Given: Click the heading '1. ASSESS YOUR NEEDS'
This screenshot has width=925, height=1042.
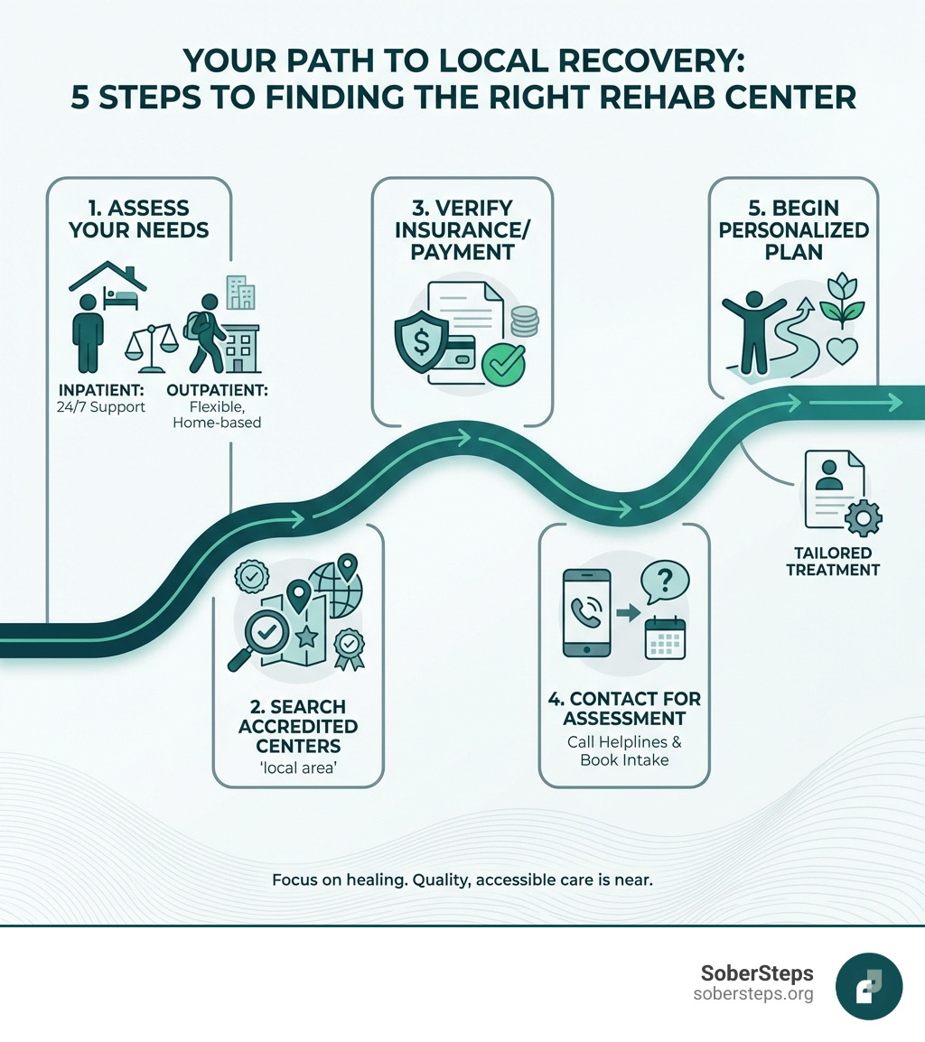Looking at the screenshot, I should pos(139,219).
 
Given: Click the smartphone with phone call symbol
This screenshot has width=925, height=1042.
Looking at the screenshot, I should pos(587,613).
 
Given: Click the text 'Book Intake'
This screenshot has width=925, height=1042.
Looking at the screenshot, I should pos(624,759).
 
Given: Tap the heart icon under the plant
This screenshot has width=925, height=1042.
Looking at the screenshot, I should pos(842,351).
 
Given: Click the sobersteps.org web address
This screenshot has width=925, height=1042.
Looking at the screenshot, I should pos(753,995).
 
